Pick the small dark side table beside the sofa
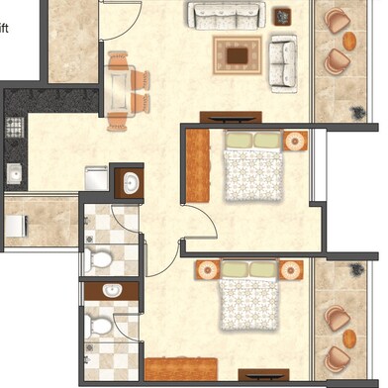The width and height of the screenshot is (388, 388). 282,15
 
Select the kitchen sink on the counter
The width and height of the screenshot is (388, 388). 14,174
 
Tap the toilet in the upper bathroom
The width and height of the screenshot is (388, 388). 100,260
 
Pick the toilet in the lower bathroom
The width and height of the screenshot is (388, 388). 100,325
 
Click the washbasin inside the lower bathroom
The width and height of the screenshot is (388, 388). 111,292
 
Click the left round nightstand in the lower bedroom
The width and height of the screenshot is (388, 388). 207,269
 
